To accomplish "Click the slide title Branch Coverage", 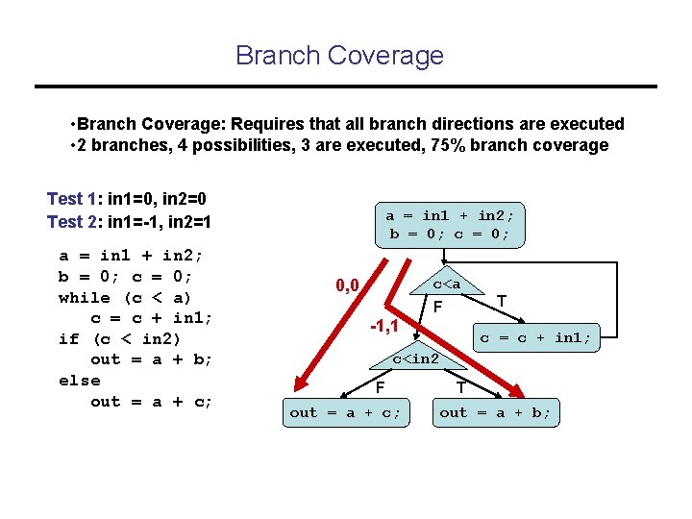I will [x=339, y=55].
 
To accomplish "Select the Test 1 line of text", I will [x=127, y=199].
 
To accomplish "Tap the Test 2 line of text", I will [x=129, y=222].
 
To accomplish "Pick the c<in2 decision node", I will [x=415, y=359].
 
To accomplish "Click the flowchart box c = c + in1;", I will [x=535, y=337].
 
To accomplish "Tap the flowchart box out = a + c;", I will [x=345, y=412].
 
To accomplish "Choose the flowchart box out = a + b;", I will [x=495, y=412].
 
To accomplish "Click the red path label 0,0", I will [x=347, y=285].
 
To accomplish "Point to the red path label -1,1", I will [x=386, y=327].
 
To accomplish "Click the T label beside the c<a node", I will [x=502, y=301].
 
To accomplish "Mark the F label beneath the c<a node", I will [x=437, y=308].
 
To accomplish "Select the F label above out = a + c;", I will [x=381, y=388].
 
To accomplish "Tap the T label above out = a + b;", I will [x=460, y=388].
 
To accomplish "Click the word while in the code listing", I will [x=81, y=297].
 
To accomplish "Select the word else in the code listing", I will [x=79, y=381].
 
